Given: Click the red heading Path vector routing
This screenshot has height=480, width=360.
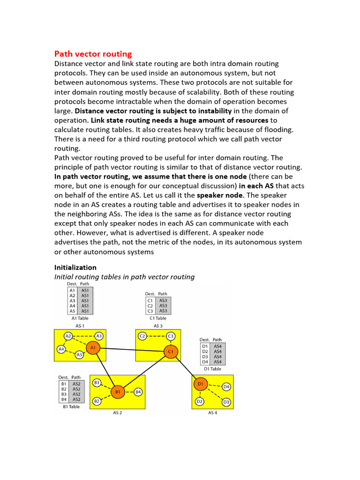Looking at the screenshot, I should (93, 54).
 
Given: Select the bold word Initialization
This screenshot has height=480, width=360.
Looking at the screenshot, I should (75, 267).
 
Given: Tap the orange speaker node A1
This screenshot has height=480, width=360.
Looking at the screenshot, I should (93, 347).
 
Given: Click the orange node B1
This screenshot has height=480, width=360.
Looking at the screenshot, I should (118, 391).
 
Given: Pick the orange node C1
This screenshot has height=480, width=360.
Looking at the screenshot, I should (171, 351).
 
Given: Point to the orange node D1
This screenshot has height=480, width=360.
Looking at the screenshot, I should (200, 384).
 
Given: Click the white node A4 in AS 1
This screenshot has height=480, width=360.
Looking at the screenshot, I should (61, 349).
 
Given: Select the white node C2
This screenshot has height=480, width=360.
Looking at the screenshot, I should (142, 336).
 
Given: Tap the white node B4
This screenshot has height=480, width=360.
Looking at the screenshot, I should (138, 391).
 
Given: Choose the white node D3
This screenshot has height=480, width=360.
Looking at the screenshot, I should (226, 402).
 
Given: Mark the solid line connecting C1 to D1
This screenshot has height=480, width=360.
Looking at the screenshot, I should (186, 368).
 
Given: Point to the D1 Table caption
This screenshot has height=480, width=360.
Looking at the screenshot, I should (211, 369).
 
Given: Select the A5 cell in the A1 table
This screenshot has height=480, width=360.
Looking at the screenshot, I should (72, 311).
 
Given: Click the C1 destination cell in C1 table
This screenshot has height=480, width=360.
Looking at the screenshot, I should (150, 300).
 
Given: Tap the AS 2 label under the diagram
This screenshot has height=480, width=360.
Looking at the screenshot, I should (118, 413).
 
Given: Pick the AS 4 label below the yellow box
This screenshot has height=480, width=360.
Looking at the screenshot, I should (212, 413).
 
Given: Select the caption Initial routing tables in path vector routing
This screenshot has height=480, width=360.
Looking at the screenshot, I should (124, 277).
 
